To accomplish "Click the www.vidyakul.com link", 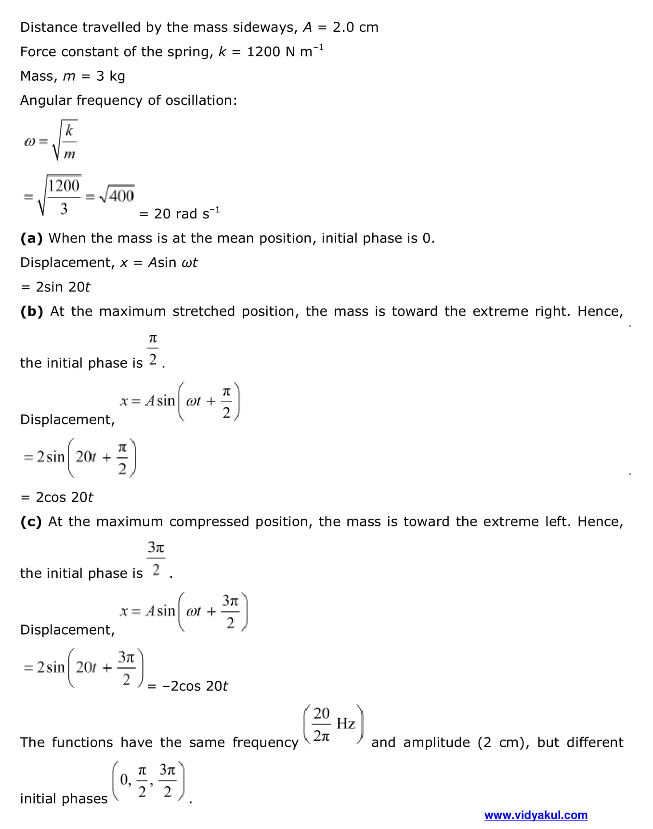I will point(535,815).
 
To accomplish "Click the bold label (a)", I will point(31,238).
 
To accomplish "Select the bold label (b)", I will point(32,311).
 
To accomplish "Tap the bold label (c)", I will point(31,522).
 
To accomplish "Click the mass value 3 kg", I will point(110,77).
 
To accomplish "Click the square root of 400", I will point(117,195).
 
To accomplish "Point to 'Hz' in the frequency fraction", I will point(346,723).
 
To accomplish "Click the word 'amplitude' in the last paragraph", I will point(436,742).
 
